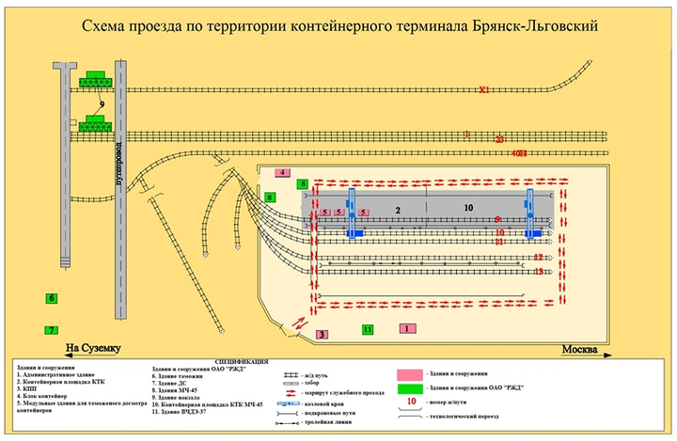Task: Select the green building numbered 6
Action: (52, 298)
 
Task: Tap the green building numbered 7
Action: (52, 330)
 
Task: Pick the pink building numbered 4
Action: (282, 173)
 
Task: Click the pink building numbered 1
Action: (406, 329)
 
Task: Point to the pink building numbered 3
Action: (322, 334)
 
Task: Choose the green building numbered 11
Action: (368, 329)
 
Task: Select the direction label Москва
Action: (579, 350)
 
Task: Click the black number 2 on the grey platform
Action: (398, 208)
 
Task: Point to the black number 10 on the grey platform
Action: (467, 207)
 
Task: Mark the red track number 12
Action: (538, 256)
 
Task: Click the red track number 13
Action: (538, 272)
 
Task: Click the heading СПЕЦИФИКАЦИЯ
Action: (240, 360)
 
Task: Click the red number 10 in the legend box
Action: (410, 402)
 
